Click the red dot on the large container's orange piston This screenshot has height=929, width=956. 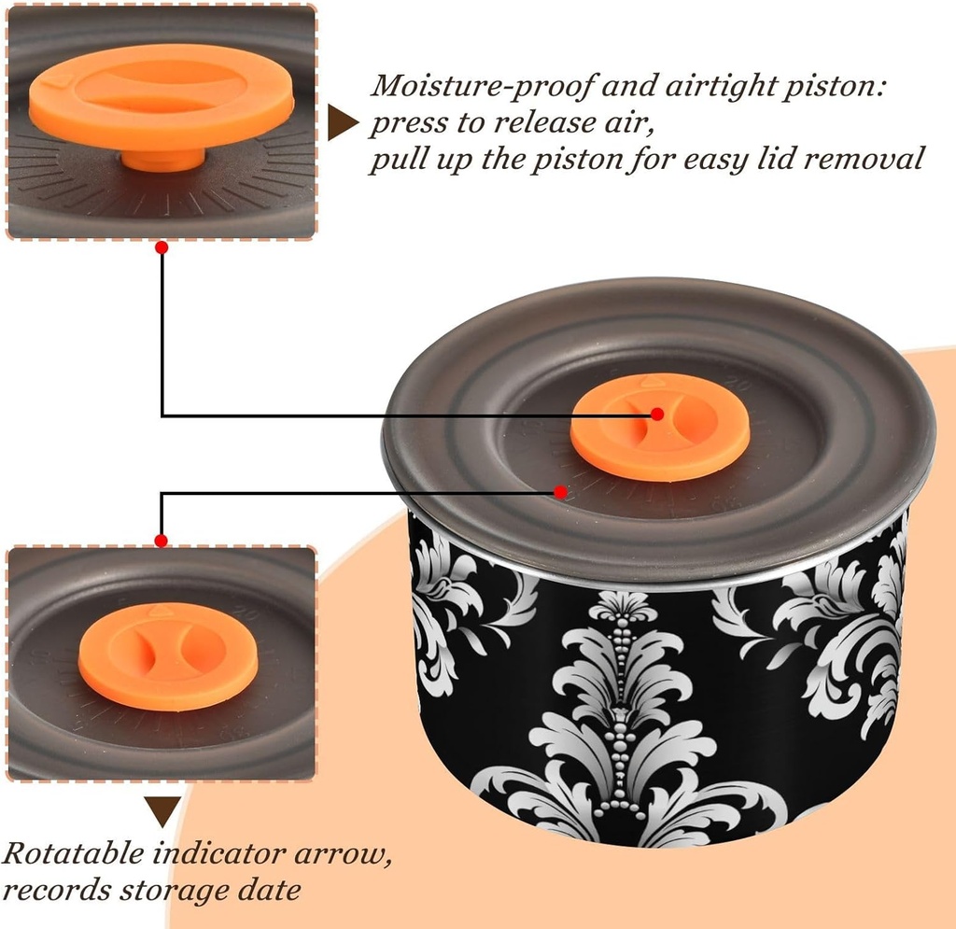point(657,414)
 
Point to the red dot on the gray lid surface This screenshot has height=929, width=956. point(560,491)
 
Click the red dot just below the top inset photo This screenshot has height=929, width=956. point(162,247)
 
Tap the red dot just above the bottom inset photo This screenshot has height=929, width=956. point(162,541)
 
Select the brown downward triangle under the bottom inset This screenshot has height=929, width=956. point(163,809)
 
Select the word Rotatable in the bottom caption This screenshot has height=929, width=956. point(74,853)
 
